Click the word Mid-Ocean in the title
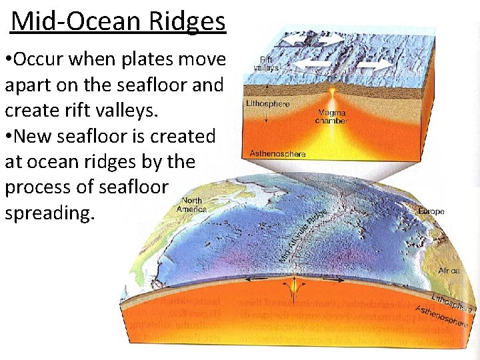tap(74, 21)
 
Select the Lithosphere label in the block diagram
tap(268, 104)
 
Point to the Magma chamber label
tap(331, 117)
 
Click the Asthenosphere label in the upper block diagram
tap(277, 153)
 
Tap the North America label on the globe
tap(192, 205)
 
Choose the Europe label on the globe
tap(431, 211)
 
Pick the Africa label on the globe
tap(449, 271)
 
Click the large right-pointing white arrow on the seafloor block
tap(375, 65)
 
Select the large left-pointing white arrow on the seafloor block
tap(313, 65)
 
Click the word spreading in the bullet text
tap(50, 213)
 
